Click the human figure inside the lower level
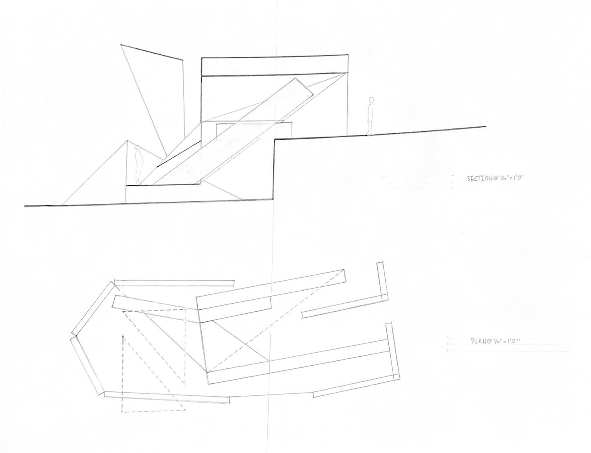[x=138, y=163]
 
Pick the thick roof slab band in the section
[x=274, y=66]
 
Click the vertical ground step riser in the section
[x=274, y=169]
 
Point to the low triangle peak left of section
[x=128, y=141]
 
